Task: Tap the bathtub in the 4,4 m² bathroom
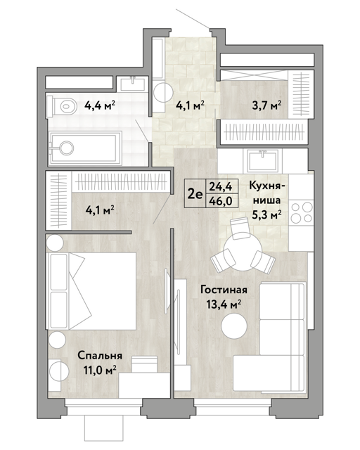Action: pyautogui.click(x=85, y=148)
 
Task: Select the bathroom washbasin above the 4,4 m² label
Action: pyautogui.click(x=132, y=84)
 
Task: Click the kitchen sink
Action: pyautogui.click(x=263, y=160)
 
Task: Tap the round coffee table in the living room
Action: pyautogui.click(x=234, y=326)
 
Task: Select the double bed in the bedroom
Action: pyautogui.click(x=91, y=291)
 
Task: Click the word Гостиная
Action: pyautogui.click(x=224, y=290)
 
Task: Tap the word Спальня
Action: pyautogui.click(x=100, y=356)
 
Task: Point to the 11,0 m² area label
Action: pyautogui.click(x=100, y=370)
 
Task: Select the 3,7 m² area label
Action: pyautogui.click(x=266, y=105)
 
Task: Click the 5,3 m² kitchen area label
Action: pyautogui.click(x=266, y=214)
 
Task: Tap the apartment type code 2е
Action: pyautogui.click(x=195, y=194)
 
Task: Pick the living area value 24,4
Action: pyautogui.click(x=221, y=186)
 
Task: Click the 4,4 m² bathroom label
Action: pyautogui.click(x=100, y=105)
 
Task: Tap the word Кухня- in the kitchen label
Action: pyautogui.click(x=267, y=186)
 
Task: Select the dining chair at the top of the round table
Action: pyautogui.click(x=240, y=228)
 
